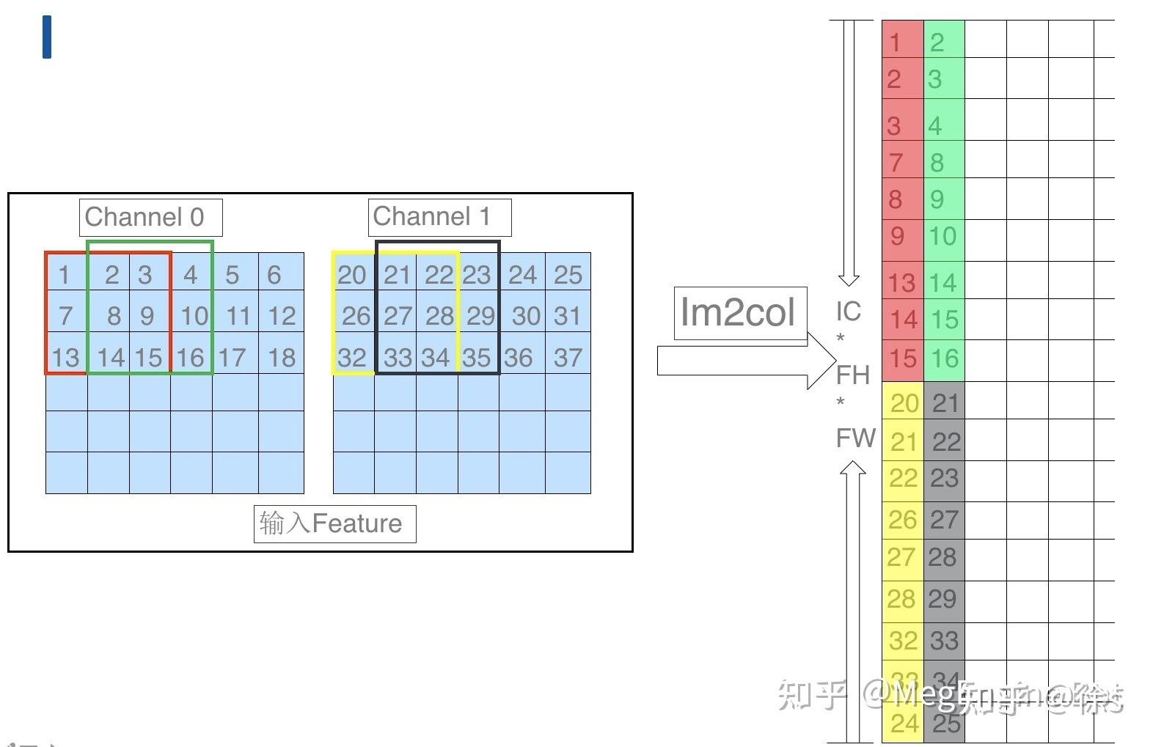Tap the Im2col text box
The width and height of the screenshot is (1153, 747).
[739, 313]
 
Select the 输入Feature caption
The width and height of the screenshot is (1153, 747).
[334, 523]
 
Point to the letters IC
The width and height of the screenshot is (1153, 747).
[849, 312]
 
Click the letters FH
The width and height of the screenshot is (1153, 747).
[853, 375]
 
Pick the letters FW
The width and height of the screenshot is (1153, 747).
[855, 438]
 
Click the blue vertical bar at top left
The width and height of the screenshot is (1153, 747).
[47, 37]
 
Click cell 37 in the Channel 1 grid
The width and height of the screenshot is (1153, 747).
[568, 358]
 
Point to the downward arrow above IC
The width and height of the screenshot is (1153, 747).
[849, 154]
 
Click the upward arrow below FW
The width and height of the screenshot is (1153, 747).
[852, 601]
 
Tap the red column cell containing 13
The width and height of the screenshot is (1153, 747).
[902, 282]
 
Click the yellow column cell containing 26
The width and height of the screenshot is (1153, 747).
[902, 520]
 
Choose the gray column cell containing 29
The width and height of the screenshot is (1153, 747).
[942, 600]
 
